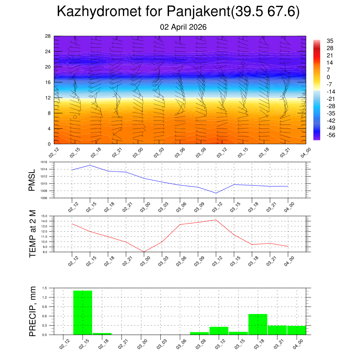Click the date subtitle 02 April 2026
click(x=183, y=27)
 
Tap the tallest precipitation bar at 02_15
click(x=83, y=313)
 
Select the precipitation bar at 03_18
click(x=258, y=324)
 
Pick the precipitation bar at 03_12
click(x=219, y=331)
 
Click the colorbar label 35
click(x=330, y=41)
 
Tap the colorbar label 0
click(x=328, y=77)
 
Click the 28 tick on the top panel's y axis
click(x=48, y=36)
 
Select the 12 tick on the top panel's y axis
click(x=48, y=98)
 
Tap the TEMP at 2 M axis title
click(x=33, y=234)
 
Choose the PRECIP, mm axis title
click(x=33, y=311)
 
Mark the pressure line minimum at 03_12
click(x=216, y=193)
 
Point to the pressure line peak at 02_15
click(x=90, y=165)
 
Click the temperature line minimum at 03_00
click(x=144, y=252)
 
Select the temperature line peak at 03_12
click(x=216, y=220)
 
